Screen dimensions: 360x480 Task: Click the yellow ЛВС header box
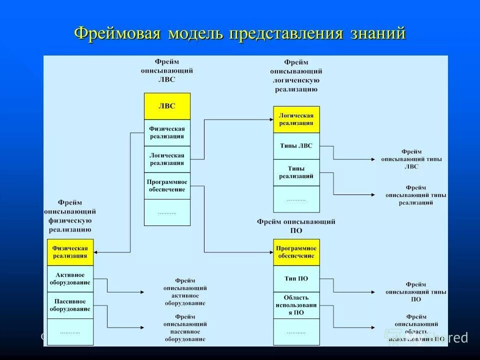[x=167, y=106]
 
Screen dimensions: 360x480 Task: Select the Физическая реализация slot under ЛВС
[x=167, y=132]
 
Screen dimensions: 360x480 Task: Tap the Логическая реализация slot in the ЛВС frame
[x=167, y=159]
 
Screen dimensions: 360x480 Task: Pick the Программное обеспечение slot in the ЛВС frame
[x=167, y=185]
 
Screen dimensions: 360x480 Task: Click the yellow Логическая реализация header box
[x=296, y=119]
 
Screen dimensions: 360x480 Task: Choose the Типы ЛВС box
[x=296, y=146]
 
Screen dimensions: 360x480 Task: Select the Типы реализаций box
[x=296, y=172]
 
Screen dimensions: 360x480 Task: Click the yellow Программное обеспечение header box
[x=296, y=252]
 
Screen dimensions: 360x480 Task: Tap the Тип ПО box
[x=296, y=278]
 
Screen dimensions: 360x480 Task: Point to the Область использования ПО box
[x=296, y=305]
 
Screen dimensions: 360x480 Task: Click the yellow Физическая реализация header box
[x=70, y=252]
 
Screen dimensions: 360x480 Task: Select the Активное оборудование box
[x=70, y=278]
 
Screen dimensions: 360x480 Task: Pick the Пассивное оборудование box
[x=70, y=305]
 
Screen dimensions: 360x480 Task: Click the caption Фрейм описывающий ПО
[x=296, y=226]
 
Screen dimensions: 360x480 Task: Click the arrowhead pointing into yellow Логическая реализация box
[x=270, y=119]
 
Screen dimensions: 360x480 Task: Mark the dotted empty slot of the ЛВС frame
[x=167, y=212]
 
